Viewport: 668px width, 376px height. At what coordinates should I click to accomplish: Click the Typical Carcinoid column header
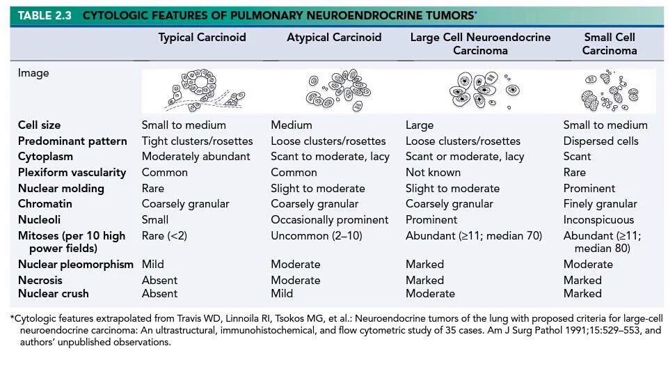click(x=202, y=38)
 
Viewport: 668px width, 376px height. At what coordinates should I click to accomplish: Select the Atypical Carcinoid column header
click(x=334, y=38)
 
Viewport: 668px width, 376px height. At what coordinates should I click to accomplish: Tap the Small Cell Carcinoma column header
click(x=610, y=44)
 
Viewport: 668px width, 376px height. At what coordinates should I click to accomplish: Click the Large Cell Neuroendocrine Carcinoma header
click(x=480, y=44)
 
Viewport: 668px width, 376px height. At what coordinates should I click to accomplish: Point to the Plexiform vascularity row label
click(x=72, y=173)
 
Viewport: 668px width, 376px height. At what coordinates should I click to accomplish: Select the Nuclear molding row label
click(x=61, y=189)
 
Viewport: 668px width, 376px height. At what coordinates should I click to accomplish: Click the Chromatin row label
click(x=45, y=204)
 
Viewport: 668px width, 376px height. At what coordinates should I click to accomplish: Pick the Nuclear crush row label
click(x=54, y=294)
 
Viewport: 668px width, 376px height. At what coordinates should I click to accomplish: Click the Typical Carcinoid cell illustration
click(x=205, y=90)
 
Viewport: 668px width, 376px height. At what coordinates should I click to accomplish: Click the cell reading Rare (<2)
click(x=164, y=236)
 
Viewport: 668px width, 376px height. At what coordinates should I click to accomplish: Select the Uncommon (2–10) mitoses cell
click(x=317, y=236)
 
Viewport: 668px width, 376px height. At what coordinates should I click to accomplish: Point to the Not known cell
click(x=433, y=173)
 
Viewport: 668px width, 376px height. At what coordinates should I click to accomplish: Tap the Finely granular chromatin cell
click(x=601, y=204)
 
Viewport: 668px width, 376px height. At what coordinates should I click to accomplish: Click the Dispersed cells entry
click(x=601, y=141)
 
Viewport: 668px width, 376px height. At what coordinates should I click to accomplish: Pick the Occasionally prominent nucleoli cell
click(x=329, y=220)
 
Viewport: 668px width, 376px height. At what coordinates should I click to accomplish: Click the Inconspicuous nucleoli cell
click(x=598, y=220)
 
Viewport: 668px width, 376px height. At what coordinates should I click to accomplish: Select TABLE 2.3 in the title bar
click(x=45, y=16)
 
